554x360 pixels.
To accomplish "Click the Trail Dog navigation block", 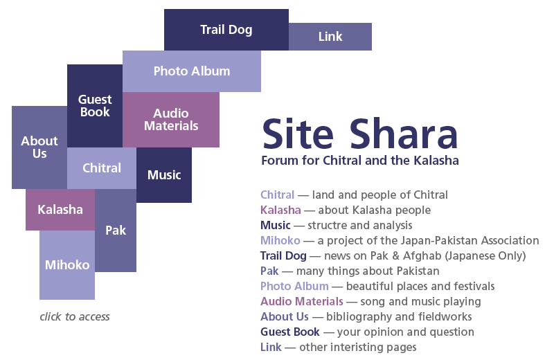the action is coord(226,30).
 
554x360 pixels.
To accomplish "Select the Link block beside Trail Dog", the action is coord(330,37).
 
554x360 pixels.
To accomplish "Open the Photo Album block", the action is coord(192,71).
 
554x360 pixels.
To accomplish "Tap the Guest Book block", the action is coord(95,106).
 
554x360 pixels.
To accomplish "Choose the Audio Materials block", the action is coord(171,120).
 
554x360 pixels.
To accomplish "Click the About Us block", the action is coord(39,147).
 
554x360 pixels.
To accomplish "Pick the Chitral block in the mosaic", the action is coord(102,168).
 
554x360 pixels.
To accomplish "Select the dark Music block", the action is coord(164,175).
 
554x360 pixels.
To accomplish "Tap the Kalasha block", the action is coord(60,210).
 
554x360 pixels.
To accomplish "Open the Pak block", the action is coord(116,231).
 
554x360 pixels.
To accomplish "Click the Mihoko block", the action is coord(67,265).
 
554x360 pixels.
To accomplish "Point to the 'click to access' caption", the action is coord(75,316).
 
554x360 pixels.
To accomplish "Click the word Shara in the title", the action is coord(404,134).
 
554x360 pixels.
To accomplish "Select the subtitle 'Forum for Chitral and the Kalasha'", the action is coord(360,161).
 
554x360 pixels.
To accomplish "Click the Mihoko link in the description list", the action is coord(280,241).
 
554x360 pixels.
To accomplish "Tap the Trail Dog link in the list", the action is coord(283,255).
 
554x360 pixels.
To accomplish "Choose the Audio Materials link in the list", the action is coord(302,301).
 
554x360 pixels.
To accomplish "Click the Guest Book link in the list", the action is coord(290,332).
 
